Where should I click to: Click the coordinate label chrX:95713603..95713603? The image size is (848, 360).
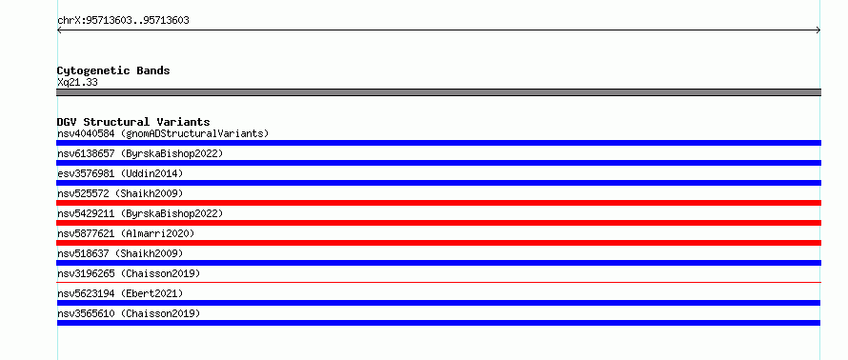tap(123, 21)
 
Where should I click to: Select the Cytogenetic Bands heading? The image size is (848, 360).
tap(113, 70)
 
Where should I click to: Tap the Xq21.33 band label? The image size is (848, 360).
tap(77, 83)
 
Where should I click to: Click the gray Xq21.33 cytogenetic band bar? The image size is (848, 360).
tap(438, 92)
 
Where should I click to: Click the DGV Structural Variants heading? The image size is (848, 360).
tap(133, 122)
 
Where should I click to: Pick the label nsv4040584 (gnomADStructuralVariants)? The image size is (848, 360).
tap(163, 133)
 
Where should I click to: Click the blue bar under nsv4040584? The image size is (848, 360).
tap(438, 143)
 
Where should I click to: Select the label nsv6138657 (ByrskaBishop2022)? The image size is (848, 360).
tap(140, 153)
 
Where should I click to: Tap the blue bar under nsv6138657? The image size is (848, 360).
tap(438, 163)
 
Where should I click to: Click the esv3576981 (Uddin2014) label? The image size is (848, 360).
tap(120, 173)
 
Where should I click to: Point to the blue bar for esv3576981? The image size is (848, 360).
tap(438, 183)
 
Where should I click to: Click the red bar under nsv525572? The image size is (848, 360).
tap(438, 203)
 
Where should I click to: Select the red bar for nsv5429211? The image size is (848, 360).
tap(438, 223)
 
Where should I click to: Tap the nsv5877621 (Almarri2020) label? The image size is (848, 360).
tap(126, 233)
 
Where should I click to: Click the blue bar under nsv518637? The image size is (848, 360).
tap(438, 263)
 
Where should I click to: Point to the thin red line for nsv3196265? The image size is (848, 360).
tap(438, 282)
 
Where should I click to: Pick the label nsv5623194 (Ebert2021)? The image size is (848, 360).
tap(120, 293)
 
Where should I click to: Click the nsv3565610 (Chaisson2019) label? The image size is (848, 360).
tap(129, 313)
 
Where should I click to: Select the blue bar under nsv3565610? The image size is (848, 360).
tap(438, 323)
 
